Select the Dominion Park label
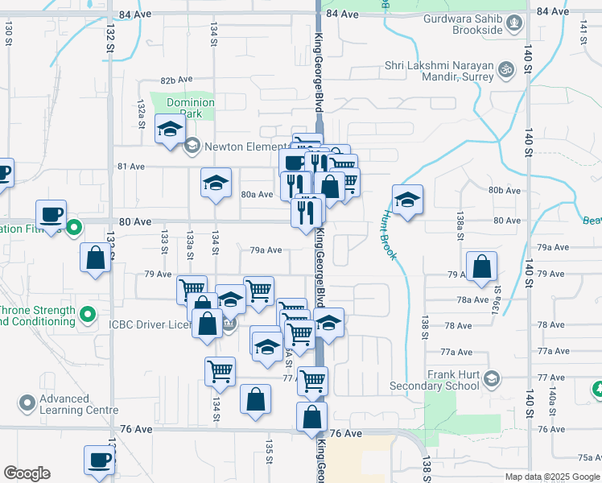[x=191, y=108]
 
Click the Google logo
[x=27, y=473]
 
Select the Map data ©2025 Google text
[x=552, y=477]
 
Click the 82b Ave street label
[x=177, y=80]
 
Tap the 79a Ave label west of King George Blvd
[x=266, y=250]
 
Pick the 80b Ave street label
[x=505, y=190]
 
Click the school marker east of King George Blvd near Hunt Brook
[x=407, y=200]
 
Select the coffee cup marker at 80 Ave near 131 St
[x=51, y=215]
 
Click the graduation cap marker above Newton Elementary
[x=170, y=131]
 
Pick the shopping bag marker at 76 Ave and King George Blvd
[x=311, y=418]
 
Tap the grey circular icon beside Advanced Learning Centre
[x=27, y=401]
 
